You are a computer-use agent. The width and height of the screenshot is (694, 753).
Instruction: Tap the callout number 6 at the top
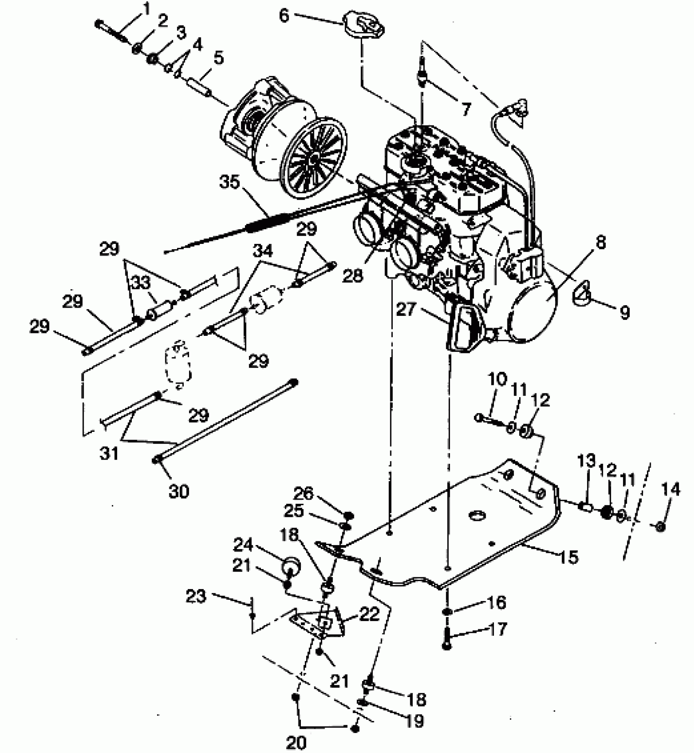click(284, 16)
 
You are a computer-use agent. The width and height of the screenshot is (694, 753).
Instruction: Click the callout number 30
click(178, 491)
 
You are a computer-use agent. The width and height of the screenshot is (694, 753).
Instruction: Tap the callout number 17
click(497, 629)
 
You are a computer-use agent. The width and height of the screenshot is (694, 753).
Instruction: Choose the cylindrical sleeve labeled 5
click(199, 88)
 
